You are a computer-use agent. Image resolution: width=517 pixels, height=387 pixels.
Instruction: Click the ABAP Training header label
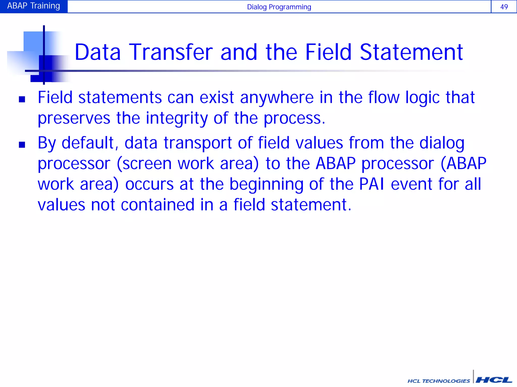coord(34,6)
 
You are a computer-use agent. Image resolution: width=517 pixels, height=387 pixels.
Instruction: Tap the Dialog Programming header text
coord(279,7)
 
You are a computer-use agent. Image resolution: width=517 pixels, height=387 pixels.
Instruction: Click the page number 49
coord(504,7)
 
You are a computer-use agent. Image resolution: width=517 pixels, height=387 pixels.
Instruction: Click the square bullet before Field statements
coord(22,99)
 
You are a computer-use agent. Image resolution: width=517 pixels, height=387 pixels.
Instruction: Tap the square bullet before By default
coord(22,145)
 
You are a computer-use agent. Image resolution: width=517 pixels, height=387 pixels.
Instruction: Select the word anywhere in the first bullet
coord(277,98)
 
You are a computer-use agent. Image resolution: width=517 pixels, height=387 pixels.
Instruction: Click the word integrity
coord(177,118)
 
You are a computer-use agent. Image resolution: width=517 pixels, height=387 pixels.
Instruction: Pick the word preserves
coord(74,118)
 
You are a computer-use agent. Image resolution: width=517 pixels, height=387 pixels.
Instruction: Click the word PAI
coord(372,184)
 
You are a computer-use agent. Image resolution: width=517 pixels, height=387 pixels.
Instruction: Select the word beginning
coord(266,185)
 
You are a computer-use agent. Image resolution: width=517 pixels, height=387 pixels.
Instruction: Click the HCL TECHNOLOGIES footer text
coord(438,381)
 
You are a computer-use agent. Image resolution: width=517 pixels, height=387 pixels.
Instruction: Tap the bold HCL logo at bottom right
coord(494,380)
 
